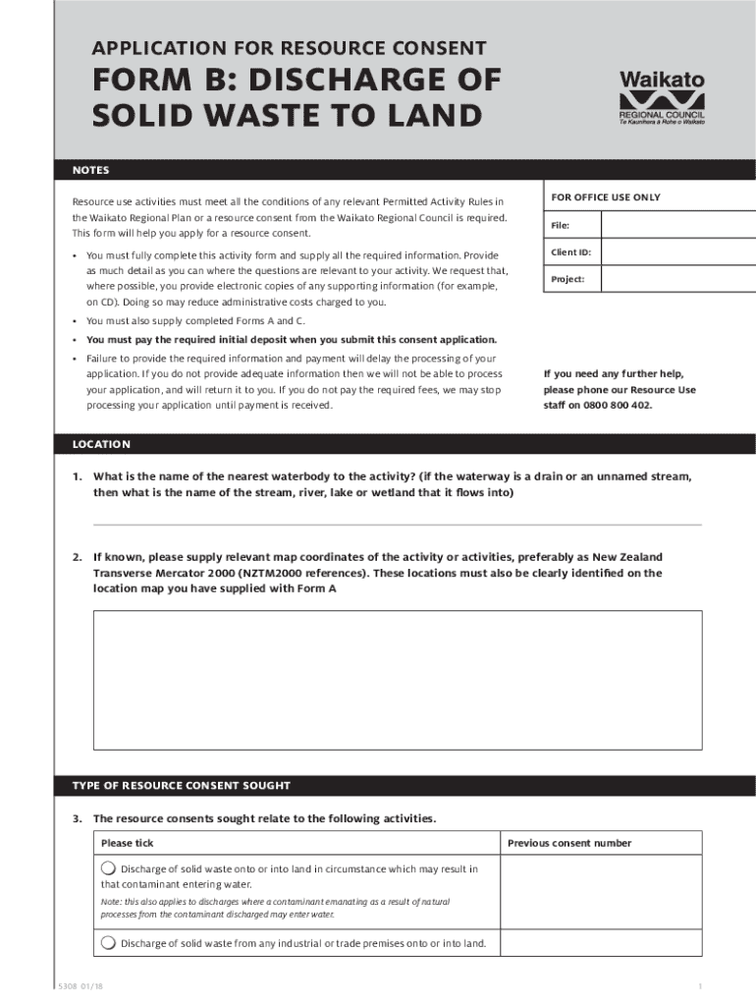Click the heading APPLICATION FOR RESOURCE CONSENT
coord(290,47)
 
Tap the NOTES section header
coord(90,171)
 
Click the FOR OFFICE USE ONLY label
coord(605,197)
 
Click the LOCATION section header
coord(101,444)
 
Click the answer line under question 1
coord(397,525)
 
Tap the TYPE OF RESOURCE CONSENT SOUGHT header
coord(181,786)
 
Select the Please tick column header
coord(128,843)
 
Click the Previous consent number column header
coord(569,843)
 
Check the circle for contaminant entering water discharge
coord(108,868)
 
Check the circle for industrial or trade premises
coord(108,943)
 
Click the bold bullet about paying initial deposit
coord(285,339)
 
